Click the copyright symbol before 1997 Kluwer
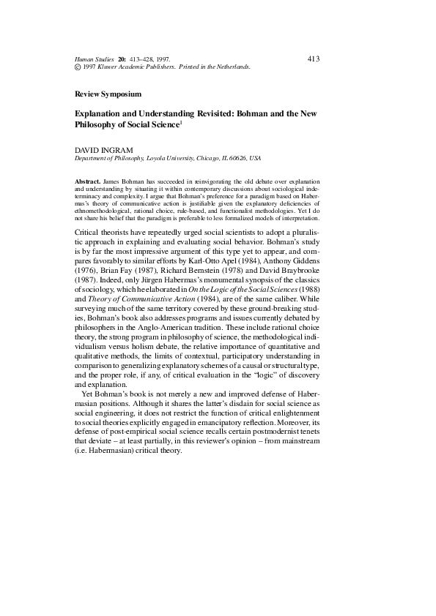pos(78,67)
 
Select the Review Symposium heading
pos(108,94)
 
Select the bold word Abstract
pos(88,180)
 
